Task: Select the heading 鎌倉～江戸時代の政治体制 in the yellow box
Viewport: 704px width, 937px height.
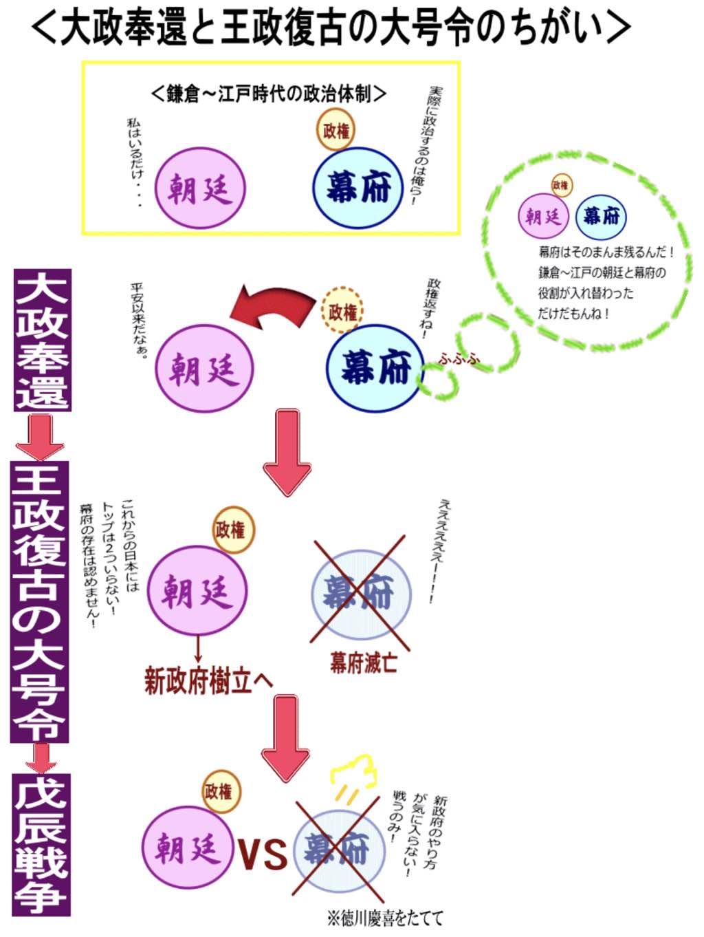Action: [268, 93]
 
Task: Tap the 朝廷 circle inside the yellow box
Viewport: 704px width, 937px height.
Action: [199, 188]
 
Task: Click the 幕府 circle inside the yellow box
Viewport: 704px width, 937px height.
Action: [357, 187]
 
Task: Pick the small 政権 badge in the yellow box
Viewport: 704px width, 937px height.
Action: [336, 129]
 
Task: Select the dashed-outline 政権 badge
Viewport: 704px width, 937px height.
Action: [342, 312]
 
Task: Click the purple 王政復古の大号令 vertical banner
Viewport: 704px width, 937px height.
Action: [39, 601]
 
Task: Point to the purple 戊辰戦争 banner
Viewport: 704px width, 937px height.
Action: [42, 845]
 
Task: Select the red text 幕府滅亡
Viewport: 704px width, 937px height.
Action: [363, 663]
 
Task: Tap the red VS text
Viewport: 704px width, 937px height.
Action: [263, 853]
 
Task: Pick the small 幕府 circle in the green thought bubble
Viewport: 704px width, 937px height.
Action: [601, 216]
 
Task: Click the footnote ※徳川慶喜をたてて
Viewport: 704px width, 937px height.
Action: [385, 918]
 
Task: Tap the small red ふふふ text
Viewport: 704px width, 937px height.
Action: [459, 358]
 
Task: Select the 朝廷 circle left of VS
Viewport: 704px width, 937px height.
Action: [188, 848]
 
